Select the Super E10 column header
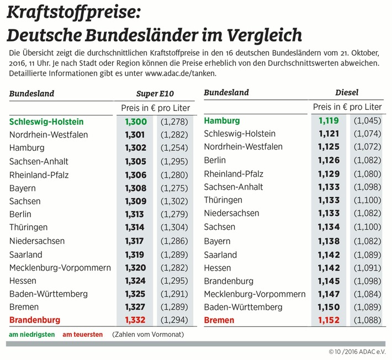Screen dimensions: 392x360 tap(155, 93)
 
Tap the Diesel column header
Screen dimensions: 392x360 tap(347, 93)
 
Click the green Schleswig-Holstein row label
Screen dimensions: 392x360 tap(46, 122)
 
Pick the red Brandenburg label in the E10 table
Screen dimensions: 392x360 tap(35, 320)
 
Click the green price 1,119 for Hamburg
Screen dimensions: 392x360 tap(329, 121)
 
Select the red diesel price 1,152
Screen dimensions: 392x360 tap(329, 320)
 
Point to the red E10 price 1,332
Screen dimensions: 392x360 tap(135, 320)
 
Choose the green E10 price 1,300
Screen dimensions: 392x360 tap(136, 122)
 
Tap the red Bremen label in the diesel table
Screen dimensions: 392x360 tap(219, 320)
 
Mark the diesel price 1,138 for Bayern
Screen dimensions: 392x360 tap(329, 241)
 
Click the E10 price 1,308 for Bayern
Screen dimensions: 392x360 tap(136, 188)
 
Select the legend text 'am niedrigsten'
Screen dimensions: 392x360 tap(32, 335)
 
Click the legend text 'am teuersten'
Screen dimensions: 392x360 tap(82, 335)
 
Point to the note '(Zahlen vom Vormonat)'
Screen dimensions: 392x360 tap(148, 335)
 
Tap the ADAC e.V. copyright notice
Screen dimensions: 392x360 tap(357, 352)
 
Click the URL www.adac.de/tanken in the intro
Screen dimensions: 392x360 tap(181, 73)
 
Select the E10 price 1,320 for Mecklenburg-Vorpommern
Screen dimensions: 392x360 tap(135, 268)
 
